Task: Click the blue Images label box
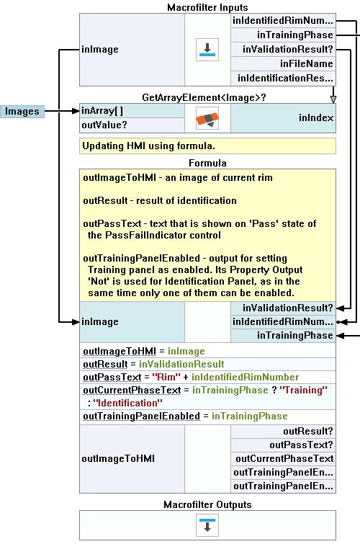coord(22,112)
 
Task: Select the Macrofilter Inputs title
coord(207,7)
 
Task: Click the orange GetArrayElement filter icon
coord(207,118)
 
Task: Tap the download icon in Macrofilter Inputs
coord(207,50)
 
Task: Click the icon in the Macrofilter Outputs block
coord(207,525)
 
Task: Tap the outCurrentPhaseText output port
coord(284,459)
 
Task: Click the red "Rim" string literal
coord(166,377)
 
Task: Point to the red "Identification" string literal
coord(127,403)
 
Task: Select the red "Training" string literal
coord(303,391)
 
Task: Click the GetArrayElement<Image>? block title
coord(204,97)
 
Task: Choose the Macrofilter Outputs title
coord(207,504)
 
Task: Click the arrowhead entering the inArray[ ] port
coord(76,111)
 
